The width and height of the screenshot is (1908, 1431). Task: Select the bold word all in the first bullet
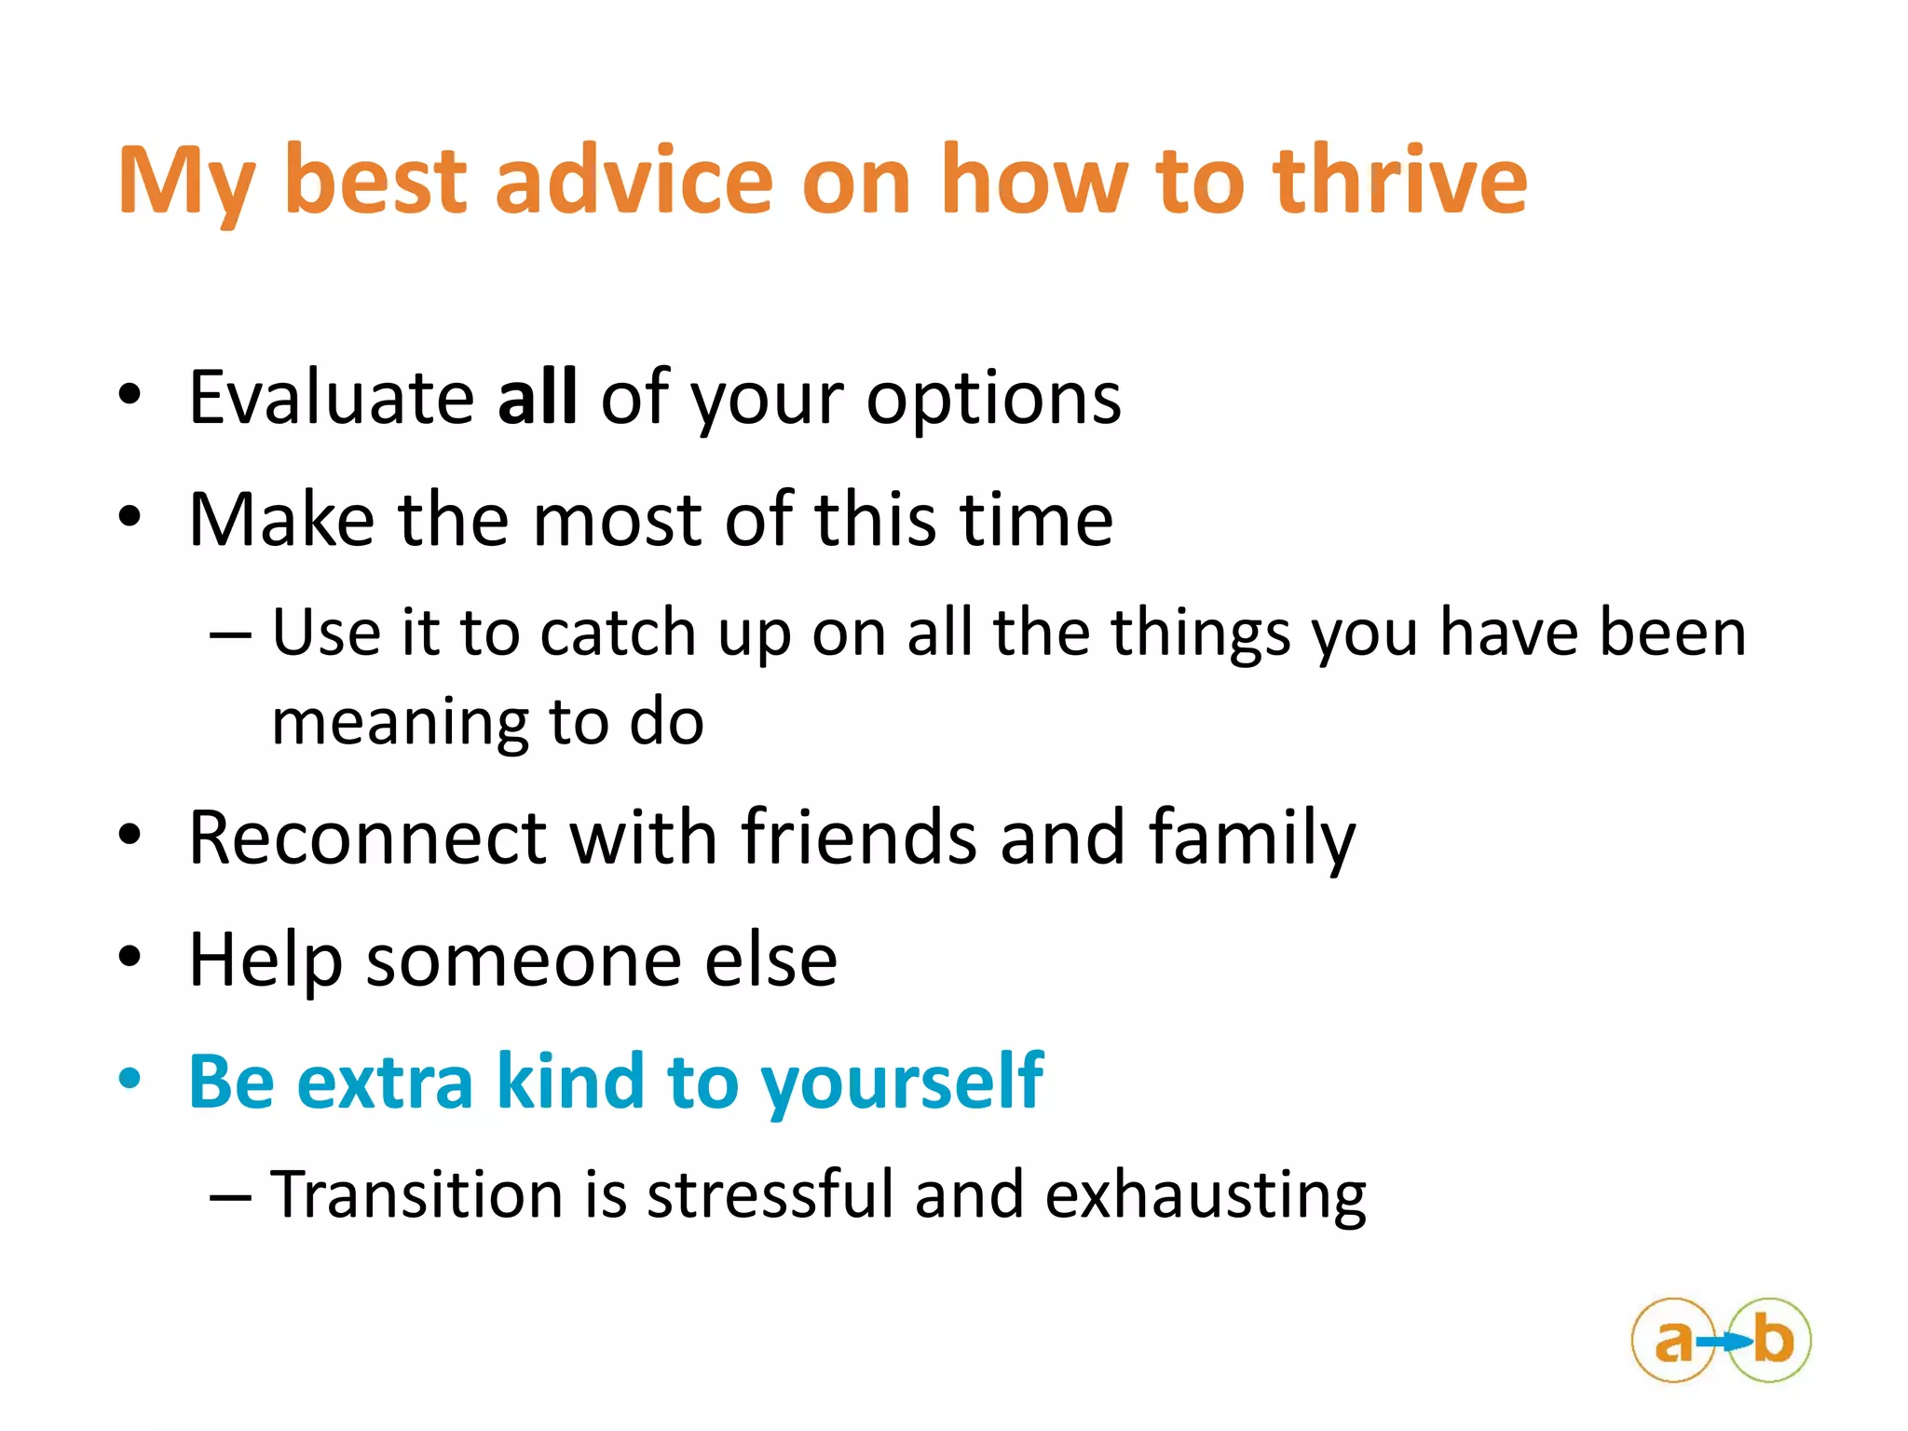[537, 398]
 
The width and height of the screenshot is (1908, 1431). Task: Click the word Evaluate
[331, 398]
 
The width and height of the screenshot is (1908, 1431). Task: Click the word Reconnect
[367, 838]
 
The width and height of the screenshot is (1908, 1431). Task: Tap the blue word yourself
[902, 1083]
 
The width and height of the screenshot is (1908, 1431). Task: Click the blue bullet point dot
[129, 1080]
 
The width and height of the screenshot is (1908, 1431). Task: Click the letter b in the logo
[1773, 1340]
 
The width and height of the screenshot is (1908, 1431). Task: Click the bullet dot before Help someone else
[129, 957]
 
